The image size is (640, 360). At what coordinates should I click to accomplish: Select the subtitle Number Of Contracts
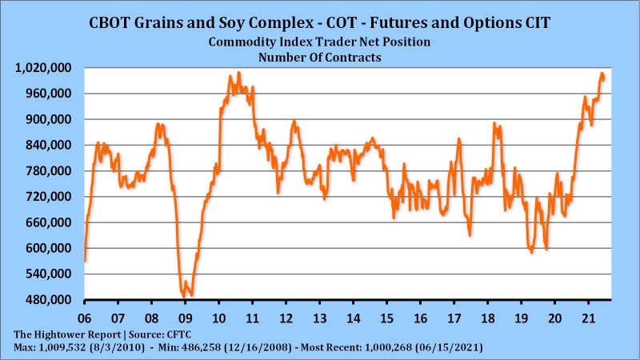319,57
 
